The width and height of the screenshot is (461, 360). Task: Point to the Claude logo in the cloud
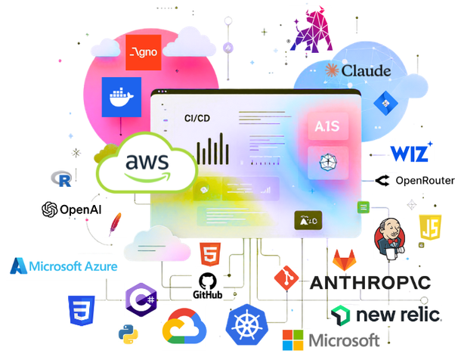(357, 71)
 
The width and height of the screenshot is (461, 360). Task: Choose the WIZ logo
(412, 152)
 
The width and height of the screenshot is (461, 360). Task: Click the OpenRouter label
(416, 181)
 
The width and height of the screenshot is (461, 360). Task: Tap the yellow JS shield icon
(429, 228)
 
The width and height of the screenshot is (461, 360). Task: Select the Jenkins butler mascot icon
(391, 236)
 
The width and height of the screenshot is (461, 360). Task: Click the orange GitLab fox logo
(346, 259)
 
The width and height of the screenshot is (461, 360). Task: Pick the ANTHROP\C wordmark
(370, 284)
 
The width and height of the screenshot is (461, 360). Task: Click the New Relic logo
(385, 314)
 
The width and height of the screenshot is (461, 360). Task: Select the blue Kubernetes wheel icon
(246, 327)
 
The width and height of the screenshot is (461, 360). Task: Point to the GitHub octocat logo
(207, 284)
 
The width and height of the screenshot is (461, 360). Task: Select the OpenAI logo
(72, 209)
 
